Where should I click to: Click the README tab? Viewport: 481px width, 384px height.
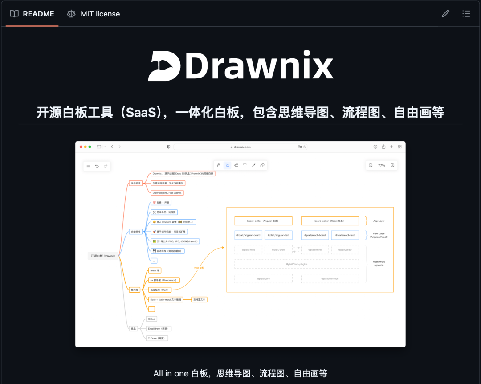coord(33,14)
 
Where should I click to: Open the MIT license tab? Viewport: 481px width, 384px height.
coord(94,14)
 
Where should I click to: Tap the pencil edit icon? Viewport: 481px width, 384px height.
coord(445,14)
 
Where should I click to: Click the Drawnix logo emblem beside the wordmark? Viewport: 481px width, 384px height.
coord(164,66)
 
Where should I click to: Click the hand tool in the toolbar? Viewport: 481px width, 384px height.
coord(219,165)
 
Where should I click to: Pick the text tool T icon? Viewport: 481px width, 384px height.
coord(245,165)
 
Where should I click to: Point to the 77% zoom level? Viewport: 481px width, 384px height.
coord(382,165)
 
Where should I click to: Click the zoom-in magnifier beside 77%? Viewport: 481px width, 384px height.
coord(392,165)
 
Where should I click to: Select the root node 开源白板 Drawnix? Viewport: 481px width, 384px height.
coord(103,256)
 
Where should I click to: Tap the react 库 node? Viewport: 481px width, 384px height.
coord(155,270)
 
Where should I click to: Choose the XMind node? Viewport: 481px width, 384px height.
coord(151,319)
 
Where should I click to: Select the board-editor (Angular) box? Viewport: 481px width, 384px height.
coord(263,221)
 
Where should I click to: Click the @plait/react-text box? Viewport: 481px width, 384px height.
coord(345,235)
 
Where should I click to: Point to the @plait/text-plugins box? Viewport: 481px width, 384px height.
coord(297,264)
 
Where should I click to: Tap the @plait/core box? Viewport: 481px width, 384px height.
coord(263,278)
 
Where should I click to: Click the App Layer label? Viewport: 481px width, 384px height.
coord(379,221)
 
